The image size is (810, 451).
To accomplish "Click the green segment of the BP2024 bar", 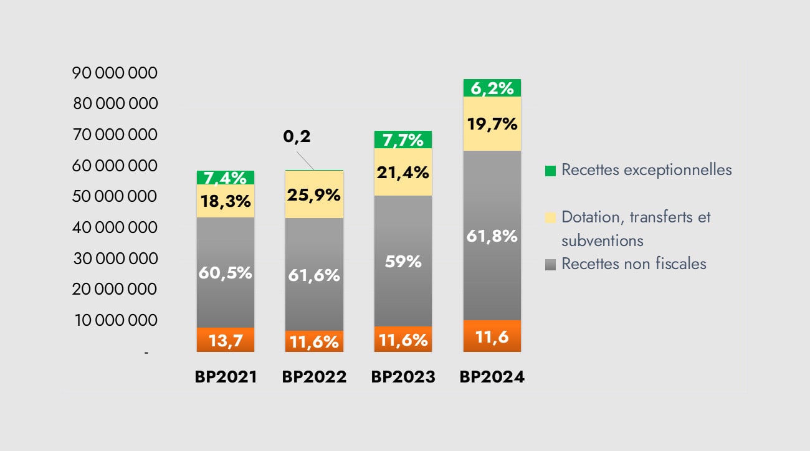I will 492,88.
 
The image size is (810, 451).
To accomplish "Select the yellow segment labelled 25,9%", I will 314,194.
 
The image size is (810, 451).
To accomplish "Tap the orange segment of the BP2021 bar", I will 225,340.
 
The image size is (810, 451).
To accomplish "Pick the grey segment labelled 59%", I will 403,261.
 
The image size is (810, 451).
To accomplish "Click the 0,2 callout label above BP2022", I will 297,136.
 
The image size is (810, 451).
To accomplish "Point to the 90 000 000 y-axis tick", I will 115,73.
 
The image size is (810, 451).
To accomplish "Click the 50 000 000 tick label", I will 115,196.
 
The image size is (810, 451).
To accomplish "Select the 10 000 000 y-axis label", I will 115,320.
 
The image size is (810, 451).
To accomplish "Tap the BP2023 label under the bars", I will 403,377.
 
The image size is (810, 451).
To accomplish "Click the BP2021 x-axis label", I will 226,377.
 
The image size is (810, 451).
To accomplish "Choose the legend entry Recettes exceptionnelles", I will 646,169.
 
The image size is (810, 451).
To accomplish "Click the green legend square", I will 550,171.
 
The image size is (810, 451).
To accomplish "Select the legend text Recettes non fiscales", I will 634,263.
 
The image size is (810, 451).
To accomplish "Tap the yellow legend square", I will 550,217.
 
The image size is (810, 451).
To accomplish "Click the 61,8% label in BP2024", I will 492,236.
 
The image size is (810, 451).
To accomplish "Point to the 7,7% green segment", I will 403,140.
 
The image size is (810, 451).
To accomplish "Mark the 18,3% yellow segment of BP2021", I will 225,201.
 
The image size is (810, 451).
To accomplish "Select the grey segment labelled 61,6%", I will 314,275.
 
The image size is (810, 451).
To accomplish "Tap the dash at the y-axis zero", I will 147,353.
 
